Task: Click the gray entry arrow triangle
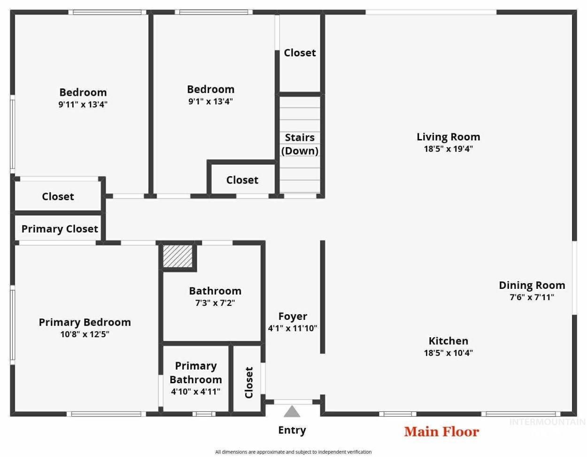point(292,411)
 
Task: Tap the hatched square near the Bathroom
point(178,256)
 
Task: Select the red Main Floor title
point(441,432)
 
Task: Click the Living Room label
point(448,137)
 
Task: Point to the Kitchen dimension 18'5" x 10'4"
point(448,353)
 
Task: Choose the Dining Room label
point(532,285)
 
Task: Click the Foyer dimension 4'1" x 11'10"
point(292,328)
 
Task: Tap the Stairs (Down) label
point(300,144)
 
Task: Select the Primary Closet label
point(60,229)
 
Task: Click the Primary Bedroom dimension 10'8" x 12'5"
point(85,334)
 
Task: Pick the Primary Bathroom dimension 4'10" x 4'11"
point(195,391)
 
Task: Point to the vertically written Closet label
point(249,382)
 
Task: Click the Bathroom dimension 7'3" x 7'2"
point(215,303)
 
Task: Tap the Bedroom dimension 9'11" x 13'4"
point(83,104)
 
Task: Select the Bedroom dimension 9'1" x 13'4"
point(210,101)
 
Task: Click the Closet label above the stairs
point(300,53)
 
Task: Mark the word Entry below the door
point(292,430)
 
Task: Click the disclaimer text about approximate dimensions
point(293,452)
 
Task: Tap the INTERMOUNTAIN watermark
point(547,422)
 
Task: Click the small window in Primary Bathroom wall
point(204,414)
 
